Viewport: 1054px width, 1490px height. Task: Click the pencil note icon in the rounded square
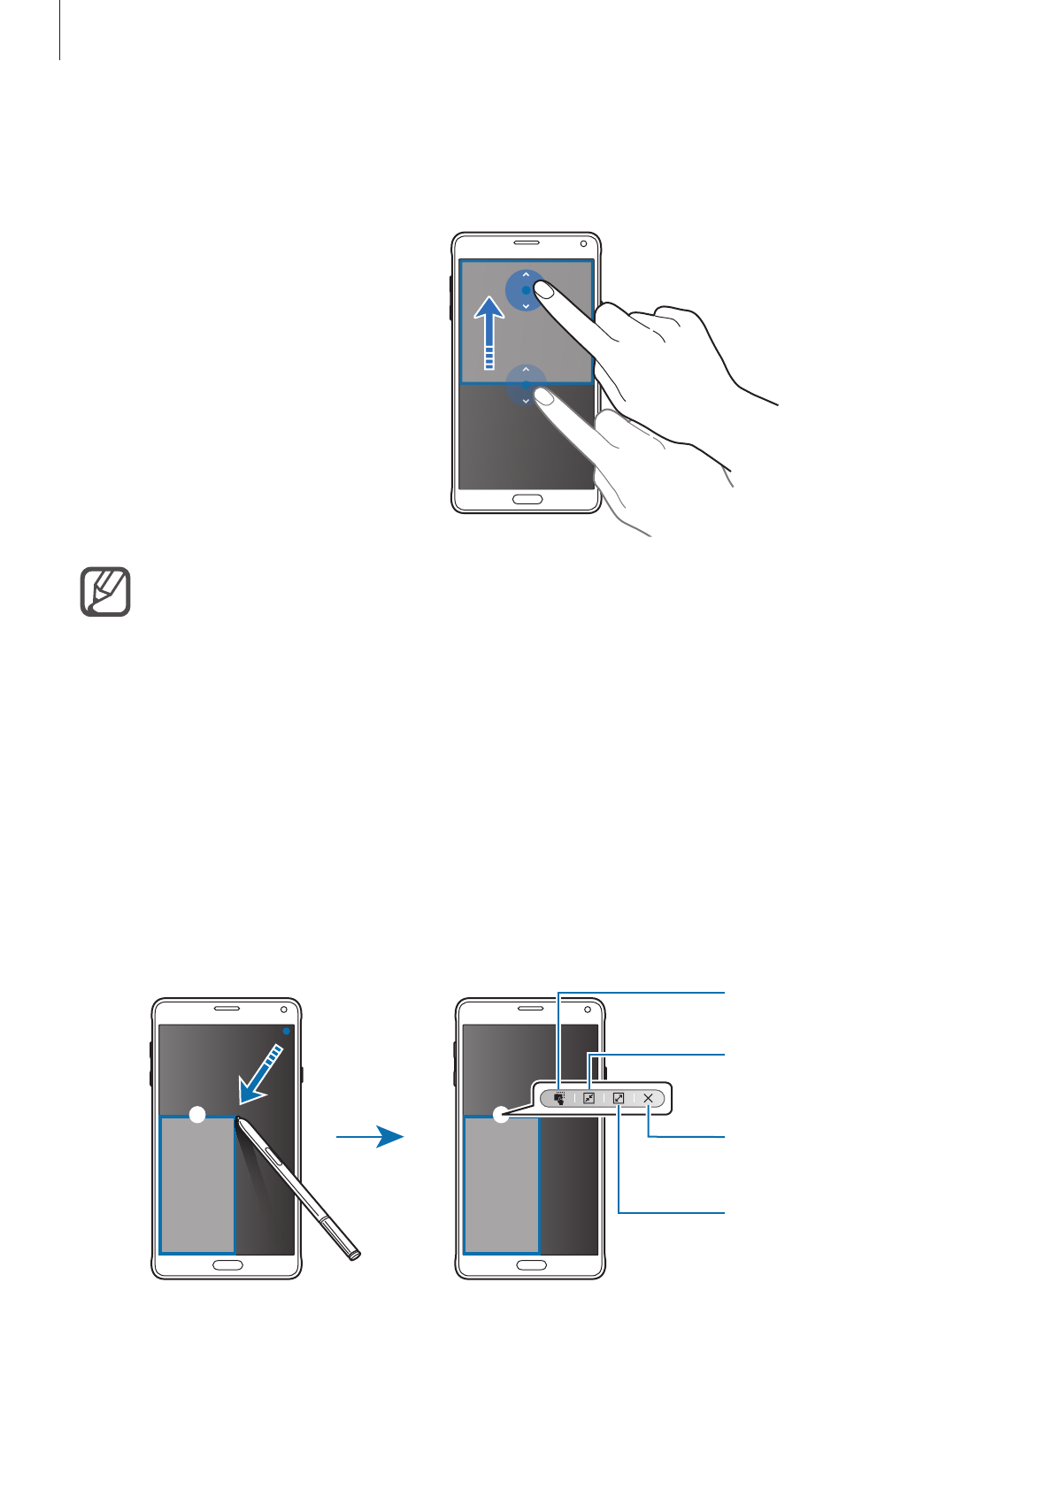[105, 592]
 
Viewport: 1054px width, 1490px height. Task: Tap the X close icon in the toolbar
[649, 1098]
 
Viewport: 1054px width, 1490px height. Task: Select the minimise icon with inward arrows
[589, 1098]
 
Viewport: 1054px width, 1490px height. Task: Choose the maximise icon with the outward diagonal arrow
[619, 1098]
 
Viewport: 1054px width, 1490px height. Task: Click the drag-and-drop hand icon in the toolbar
[558, 1098]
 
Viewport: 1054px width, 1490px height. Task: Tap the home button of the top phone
[527, 500]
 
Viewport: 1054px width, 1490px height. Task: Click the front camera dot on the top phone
[583, 244]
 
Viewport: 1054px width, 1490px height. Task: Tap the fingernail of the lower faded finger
[546, 399]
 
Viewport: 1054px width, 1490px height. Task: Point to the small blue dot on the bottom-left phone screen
[286, 1031]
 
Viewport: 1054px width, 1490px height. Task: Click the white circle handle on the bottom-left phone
[198, 1115]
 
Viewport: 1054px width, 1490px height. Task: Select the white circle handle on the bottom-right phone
[502, 1115]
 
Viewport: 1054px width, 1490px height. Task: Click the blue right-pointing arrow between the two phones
[372, 1137]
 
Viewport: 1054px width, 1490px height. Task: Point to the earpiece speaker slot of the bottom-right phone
[531, 1009]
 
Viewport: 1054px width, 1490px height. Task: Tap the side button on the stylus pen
[273, 1156]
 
